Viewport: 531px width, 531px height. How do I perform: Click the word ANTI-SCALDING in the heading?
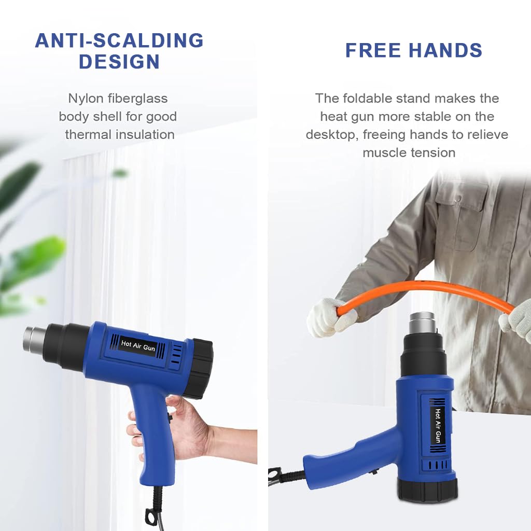coord(119,40)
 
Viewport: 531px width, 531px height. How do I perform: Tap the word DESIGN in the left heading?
coord(119,62)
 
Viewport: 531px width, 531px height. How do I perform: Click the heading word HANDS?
coord(445,50)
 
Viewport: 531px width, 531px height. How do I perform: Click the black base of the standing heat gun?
coord(427,490)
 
